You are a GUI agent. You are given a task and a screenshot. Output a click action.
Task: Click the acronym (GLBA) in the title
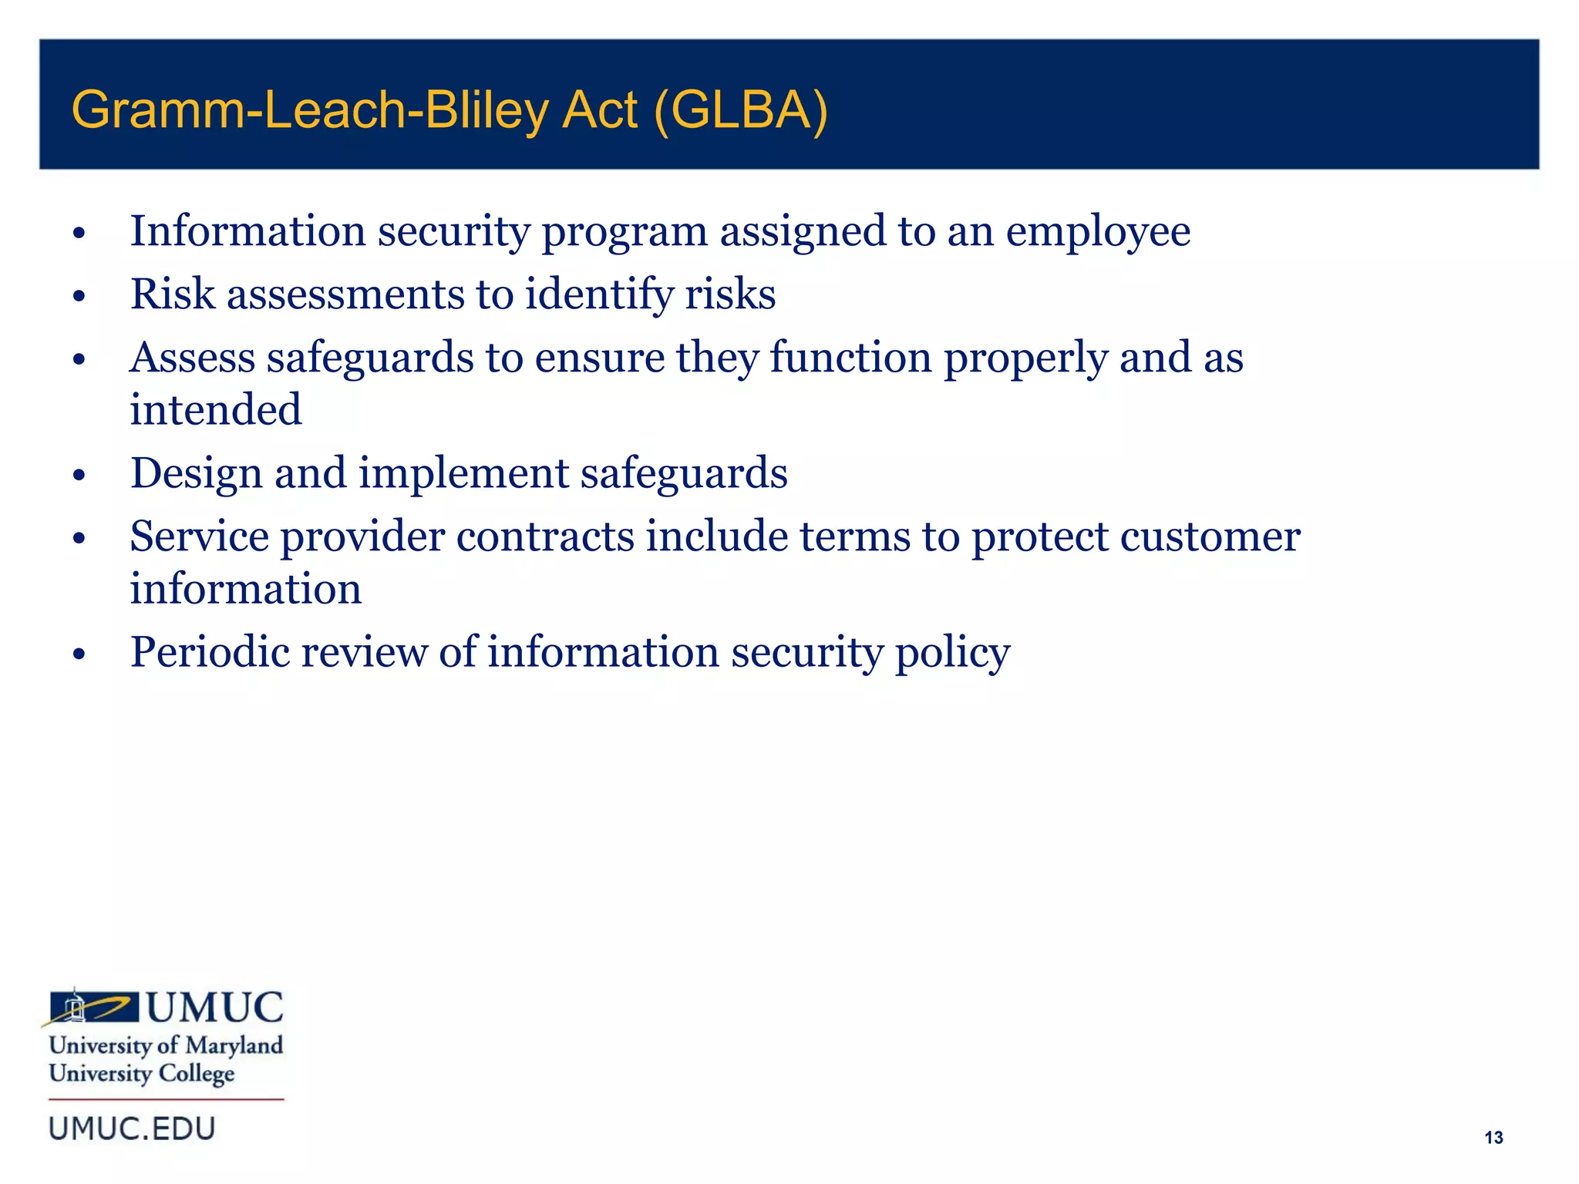tap(740, 110)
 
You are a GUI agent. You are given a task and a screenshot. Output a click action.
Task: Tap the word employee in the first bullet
tap(1098, 232)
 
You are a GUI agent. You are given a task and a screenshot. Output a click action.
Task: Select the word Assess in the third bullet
tap(192, 358)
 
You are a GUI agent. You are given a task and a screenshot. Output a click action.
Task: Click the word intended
tap(215, 410)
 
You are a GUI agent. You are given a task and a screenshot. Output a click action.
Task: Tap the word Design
tap(196, 474)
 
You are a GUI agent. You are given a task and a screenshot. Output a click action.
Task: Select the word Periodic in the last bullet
tap(209, 653)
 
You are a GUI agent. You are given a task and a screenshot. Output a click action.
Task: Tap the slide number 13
tap(1493, 1138)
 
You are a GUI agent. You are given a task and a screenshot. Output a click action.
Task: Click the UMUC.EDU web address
tap(132, 1129)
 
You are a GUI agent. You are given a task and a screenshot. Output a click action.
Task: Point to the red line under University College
tap(166, 1099)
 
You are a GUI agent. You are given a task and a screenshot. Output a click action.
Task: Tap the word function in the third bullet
tap(850, 358)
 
